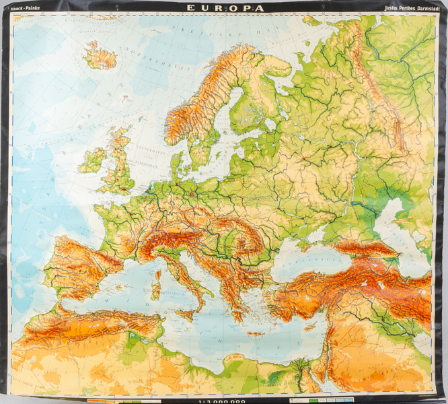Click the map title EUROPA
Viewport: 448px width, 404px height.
(225, 9)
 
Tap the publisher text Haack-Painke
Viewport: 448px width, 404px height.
(24, 10)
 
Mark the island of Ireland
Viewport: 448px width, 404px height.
(91, 161)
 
